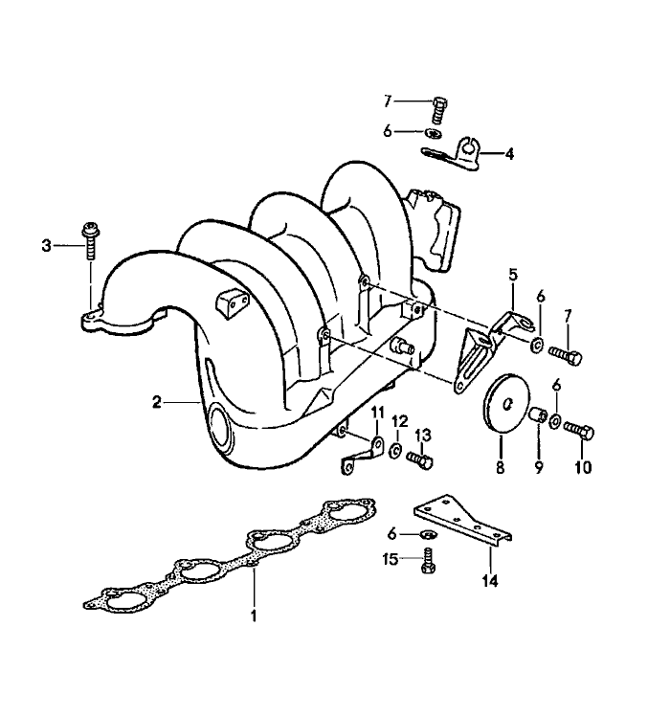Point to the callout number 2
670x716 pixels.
pos(156,404)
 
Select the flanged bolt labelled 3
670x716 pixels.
pos(91,240)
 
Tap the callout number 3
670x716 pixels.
pos(46,246)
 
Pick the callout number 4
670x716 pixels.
pos(509,153)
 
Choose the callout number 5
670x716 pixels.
pos(513,274)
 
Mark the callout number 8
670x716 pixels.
pos(499,469)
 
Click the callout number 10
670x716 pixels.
pos(583,469)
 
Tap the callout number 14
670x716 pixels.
pos(490,580)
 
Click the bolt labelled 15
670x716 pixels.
pos(427,561)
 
